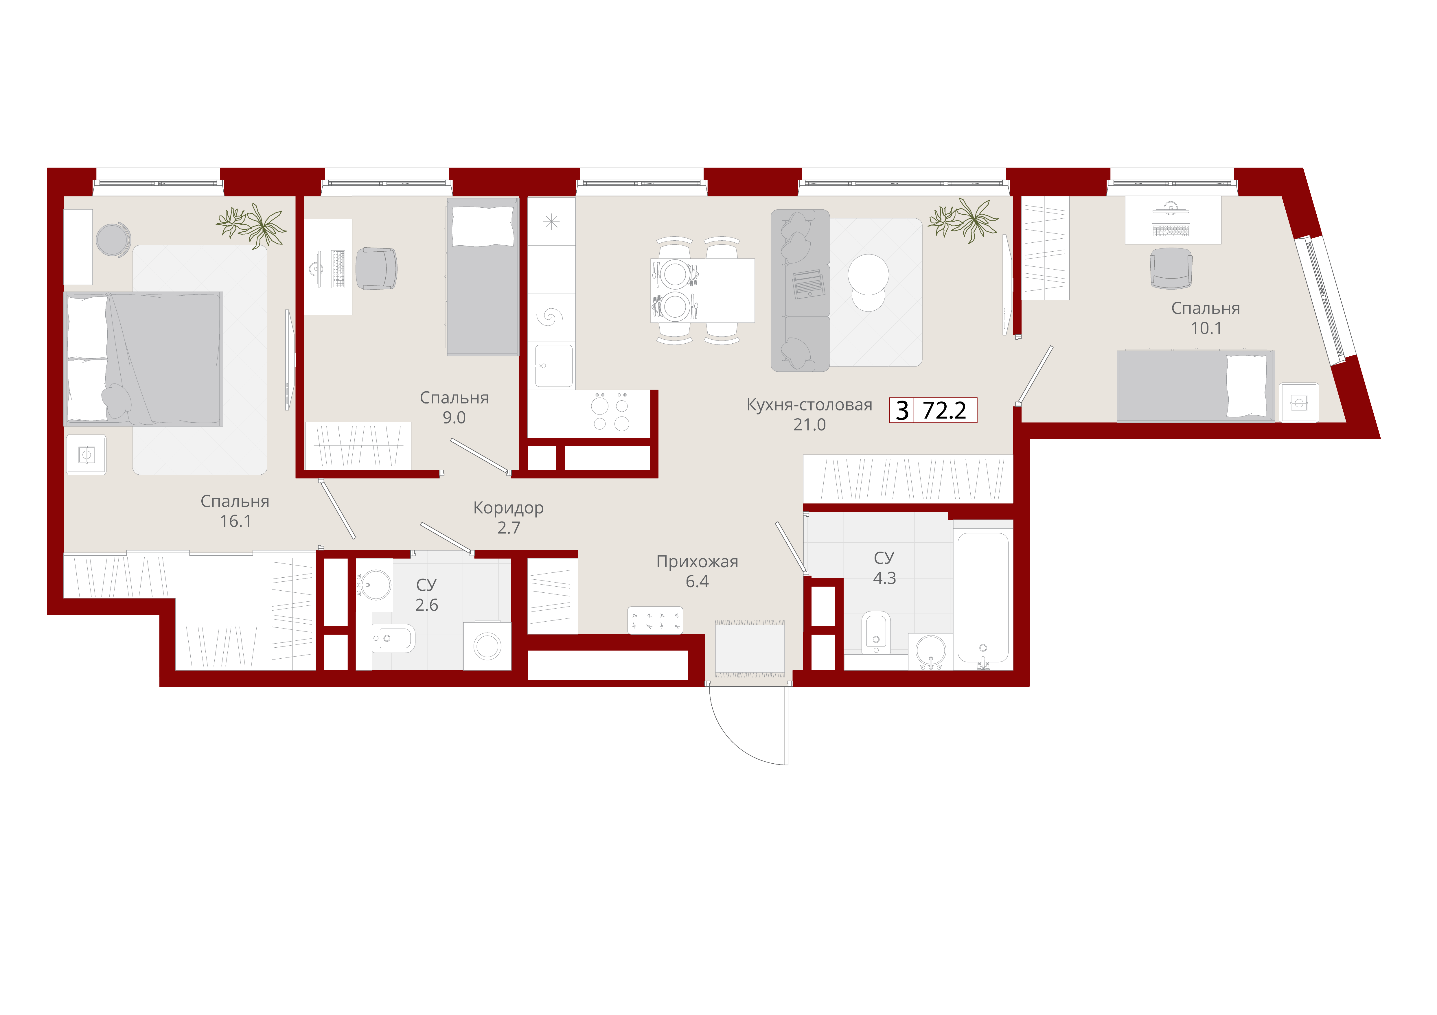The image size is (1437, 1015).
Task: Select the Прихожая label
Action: tap(697, 562)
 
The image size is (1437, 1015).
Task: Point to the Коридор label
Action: tap(508, 508)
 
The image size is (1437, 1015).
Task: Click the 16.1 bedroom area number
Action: tap(235, 521)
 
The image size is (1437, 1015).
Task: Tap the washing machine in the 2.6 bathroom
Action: tap(487, 646)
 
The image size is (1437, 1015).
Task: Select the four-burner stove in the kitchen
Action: tap(611, 413)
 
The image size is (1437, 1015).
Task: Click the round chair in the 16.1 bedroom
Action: tap(113, 240)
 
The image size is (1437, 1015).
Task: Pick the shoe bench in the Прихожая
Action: tap(655, 620)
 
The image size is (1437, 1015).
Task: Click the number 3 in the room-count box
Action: tap(902, 410)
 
